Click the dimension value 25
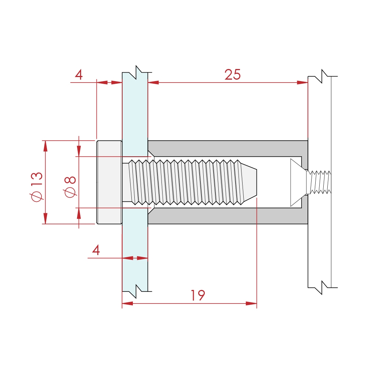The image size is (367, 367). tap(233, 75)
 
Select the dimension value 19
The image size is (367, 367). tap(198, 295)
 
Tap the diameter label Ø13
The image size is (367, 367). tap(37, 186)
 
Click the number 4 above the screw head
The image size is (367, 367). tap(79, 75)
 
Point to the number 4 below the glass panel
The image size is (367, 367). tap(96, 251)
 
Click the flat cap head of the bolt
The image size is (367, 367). tap(109, 182)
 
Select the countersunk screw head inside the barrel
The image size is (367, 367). tap(297, 182)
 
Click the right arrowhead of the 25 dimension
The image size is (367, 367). tap(303, 83)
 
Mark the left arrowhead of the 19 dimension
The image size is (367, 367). tap(127, 304)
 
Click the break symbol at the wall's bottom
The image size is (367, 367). tap(322, 287)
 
